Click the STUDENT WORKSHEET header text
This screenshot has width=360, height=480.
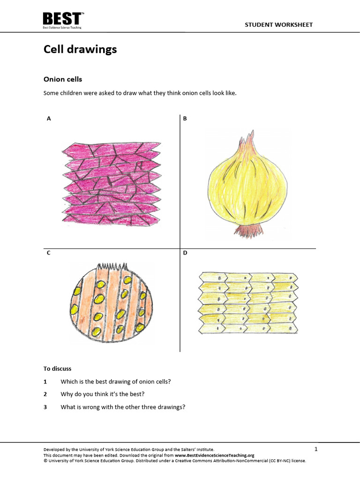click(278, 25)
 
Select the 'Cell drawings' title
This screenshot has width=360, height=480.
click(80, 49)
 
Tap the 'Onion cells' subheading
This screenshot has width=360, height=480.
click(63, 79)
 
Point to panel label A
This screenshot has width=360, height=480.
click(49, 119)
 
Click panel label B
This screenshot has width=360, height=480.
click(185, 119)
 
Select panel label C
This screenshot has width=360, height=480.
click(49, 253)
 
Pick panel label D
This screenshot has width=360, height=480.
click(185, 253)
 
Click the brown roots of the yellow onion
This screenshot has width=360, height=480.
click(247, 231)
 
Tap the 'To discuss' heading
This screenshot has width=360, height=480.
click(57, 369)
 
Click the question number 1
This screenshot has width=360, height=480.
click(45, 382)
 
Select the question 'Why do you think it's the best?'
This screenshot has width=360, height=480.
click(103, 394)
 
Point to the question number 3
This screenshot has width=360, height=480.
click(45, 407)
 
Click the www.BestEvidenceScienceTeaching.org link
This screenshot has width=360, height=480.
click(215, 455)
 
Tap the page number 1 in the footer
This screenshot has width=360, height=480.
click(316, 450)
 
